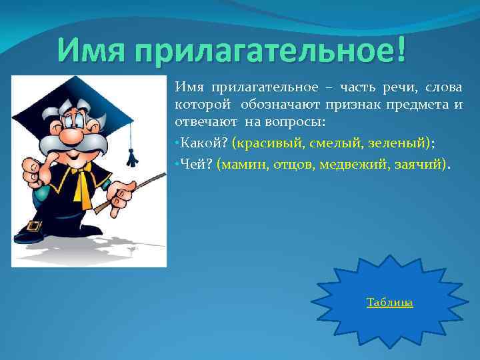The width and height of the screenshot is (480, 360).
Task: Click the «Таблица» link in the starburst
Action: point(389,303)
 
